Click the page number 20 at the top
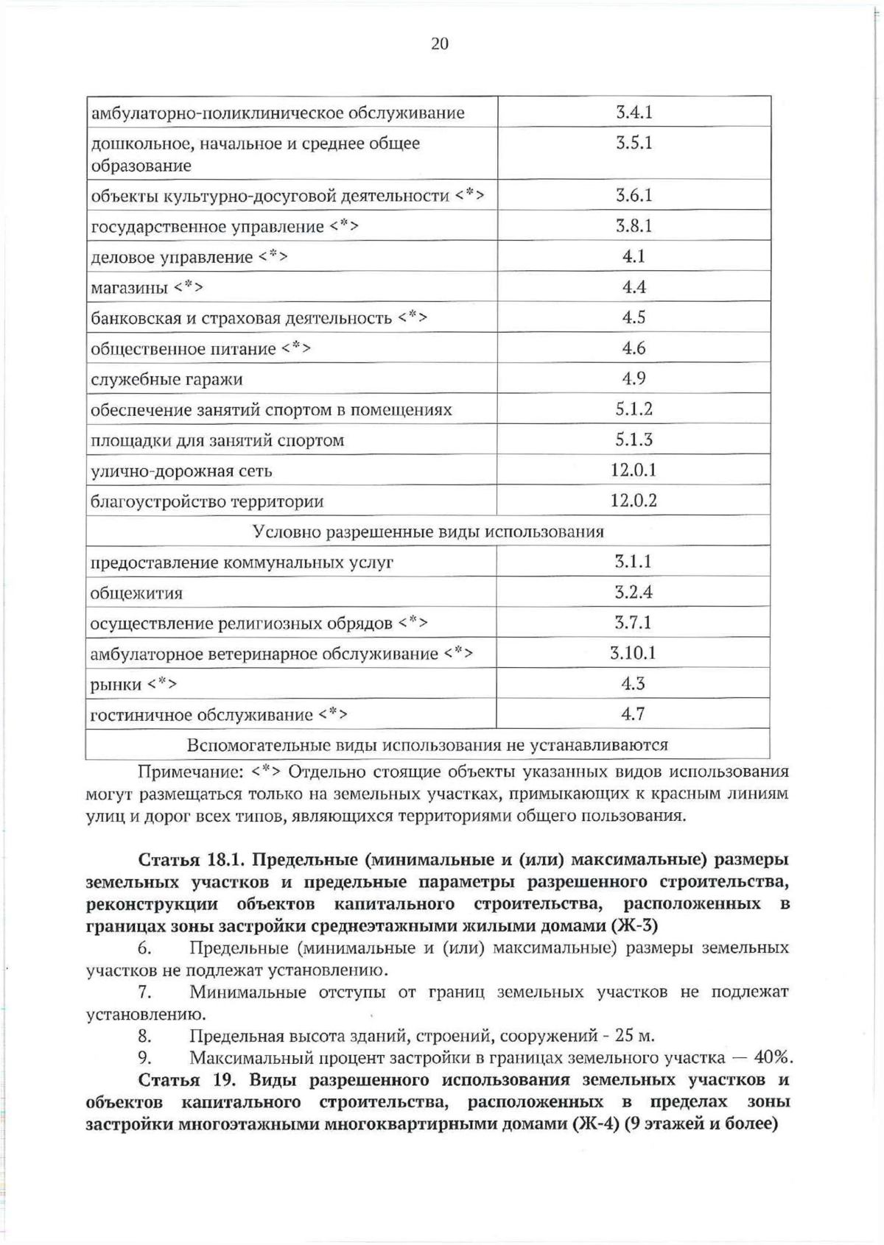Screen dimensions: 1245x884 click(439, 43)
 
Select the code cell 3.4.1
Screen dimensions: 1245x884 click(634, 112)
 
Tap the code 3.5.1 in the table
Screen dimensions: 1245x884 click(634, 142)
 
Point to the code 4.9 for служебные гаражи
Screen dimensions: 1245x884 click(634, 378)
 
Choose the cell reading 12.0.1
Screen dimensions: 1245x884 click(634, 470)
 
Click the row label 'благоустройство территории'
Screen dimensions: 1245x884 click(207, 502)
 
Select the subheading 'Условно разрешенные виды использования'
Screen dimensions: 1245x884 click(428, 532)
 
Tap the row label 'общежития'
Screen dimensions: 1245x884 click(136, 593)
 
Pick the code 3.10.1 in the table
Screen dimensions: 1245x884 click(633, 653)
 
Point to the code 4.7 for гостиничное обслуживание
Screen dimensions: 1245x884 click(633, 714)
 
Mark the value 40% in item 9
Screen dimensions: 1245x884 click(773, 1059)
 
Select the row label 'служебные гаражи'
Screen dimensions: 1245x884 click(166, 380)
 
